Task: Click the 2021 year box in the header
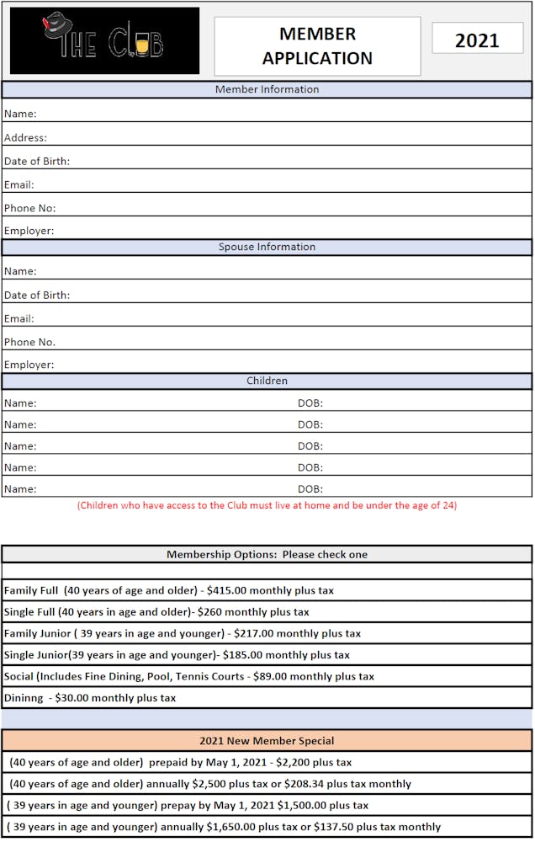[x=477, y=40]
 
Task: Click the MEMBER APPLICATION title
[x=317, y=46]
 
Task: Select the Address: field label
[x=25, y=138]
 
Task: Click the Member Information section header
[x=267, y=89]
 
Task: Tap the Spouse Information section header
[x=267, y=248]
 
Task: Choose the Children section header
[x=267, y=381]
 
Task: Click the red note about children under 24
[x=267, y=506]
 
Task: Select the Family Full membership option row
[x=168, y=591]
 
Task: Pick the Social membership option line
[x=188, y=677]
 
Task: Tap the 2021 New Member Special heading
[x=267, y=742]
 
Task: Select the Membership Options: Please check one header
[x=267, y=555]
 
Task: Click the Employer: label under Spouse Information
[x=29, y=365]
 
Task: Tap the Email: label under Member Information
[x=19, y=185]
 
